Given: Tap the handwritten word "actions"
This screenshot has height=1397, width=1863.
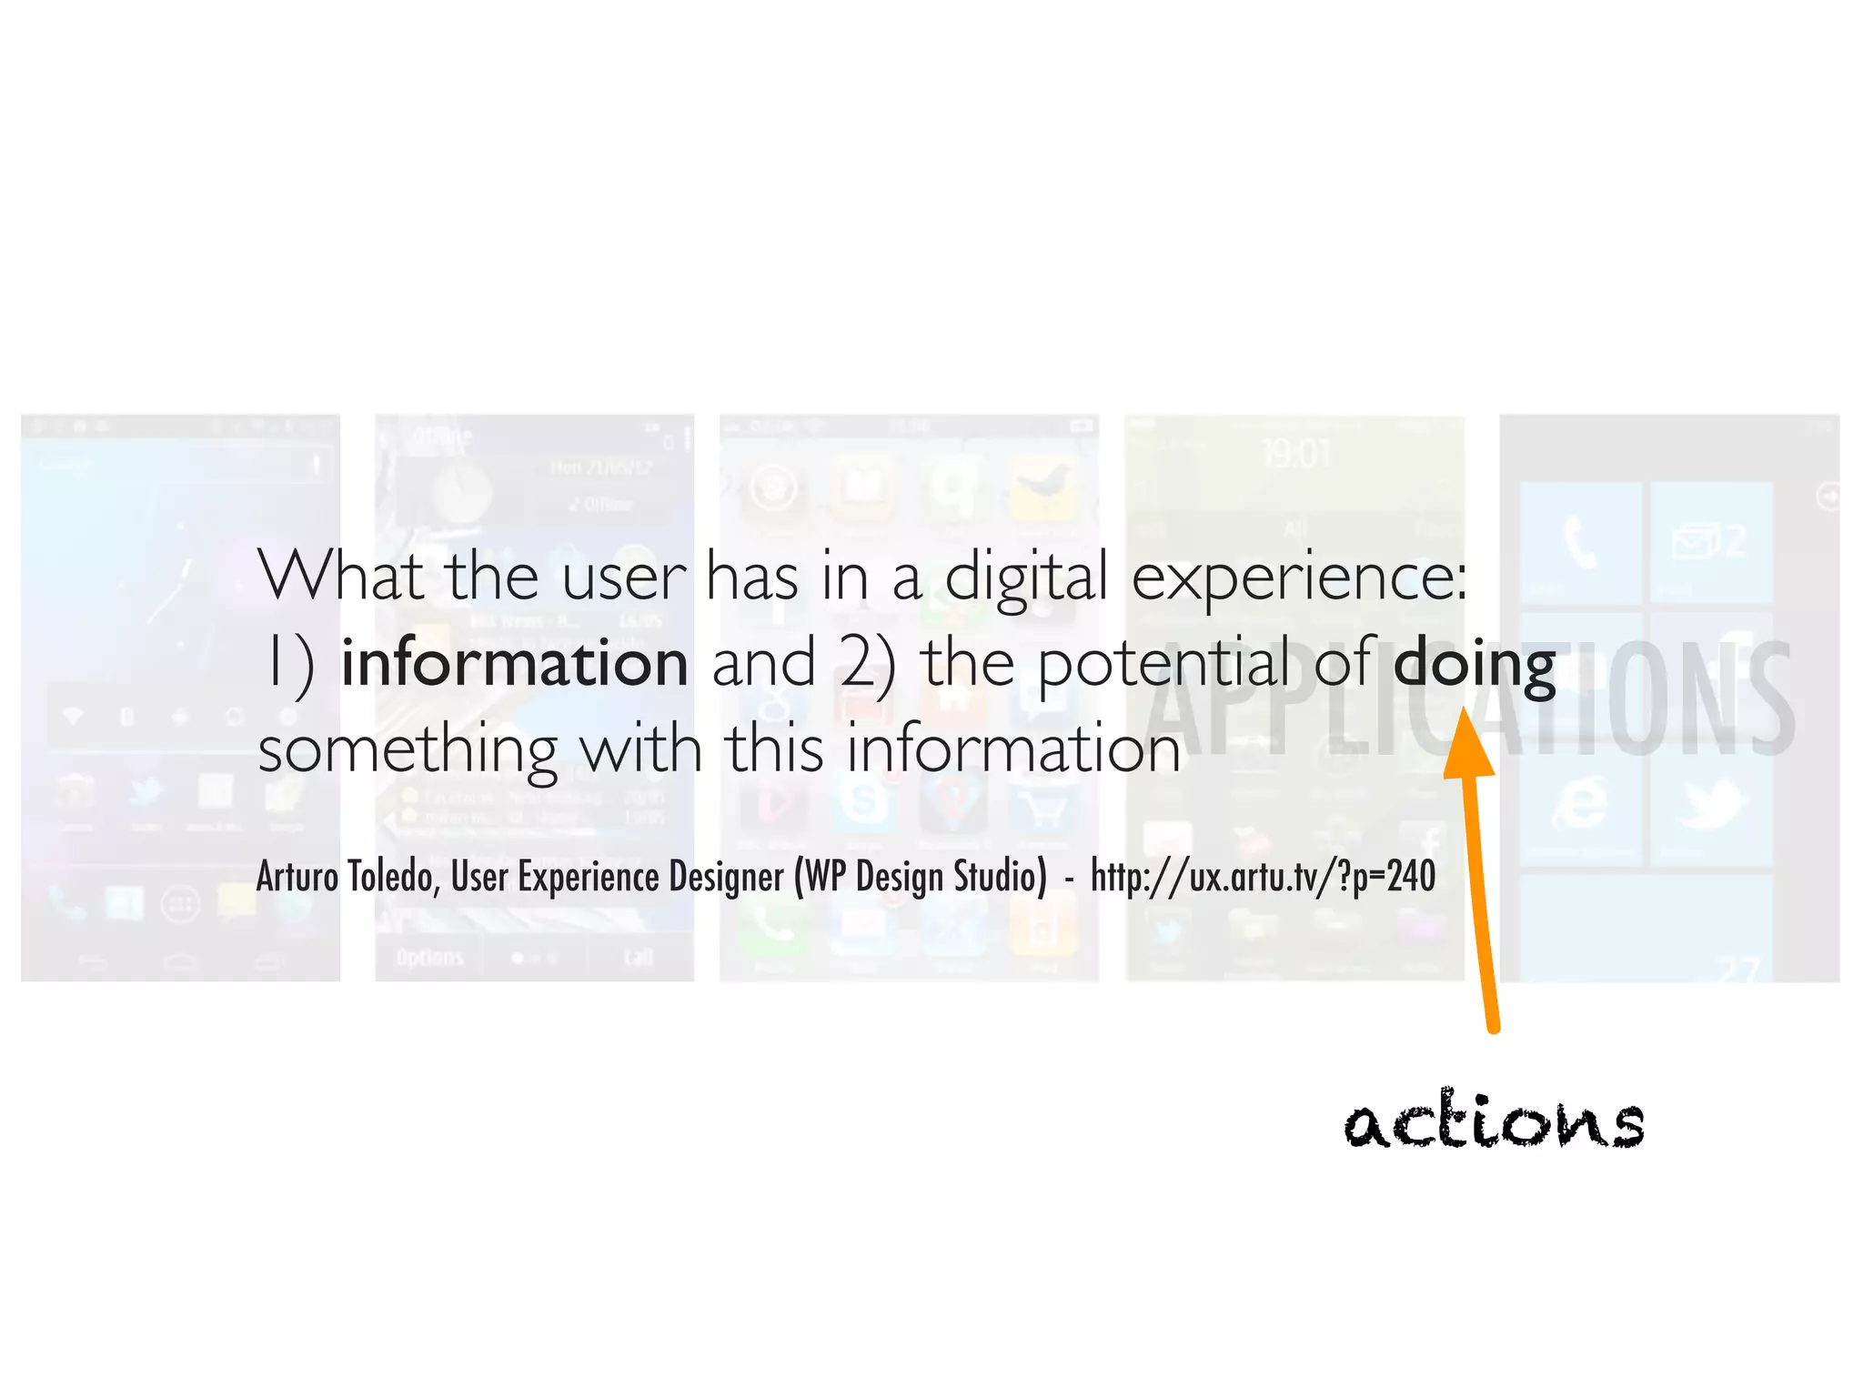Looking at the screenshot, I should click(x=1495, y=1121).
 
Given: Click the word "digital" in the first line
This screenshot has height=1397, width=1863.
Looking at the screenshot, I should click(x=1026, y=578).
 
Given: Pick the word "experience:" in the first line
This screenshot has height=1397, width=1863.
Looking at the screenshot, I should click(x=1300, y=578).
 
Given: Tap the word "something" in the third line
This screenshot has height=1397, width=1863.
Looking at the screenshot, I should click(x=408, y=751).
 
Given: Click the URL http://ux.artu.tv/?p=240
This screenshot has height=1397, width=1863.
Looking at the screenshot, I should click(x=1263, y=876).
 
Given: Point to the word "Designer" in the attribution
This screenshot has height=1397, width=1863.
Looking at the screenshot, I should click(x=726, y=876).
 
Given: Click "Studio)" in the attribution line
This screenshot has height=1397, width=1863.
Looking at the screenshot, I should click(x=1000, y=876).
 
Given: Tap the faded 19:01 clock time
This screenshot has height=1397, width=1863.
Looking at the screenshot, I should click(x=1294, y=453).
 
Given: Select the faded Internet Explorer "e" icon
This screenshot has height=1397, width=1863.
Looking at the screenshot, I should click(x=1581, y=801).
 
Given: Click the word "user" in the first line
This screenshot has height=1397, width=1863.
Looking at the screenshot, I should click(x=623, y=578).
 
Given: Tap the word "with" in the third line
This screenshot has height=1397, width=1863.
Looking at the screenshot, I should click(x=640, y=749).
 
